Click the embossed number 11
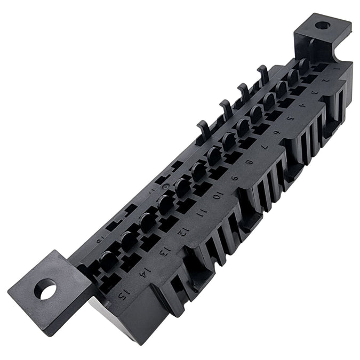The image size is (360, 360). coord(200,213)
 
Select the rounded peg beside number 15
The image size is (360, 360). coord(107,260)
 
